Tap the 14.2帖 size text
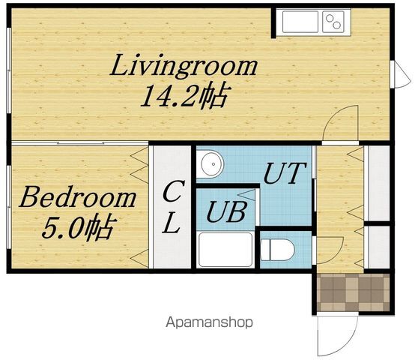(184, 95)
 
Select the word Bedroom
(78, 197)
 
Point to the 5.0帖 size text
(79, 226)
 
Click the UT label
(284, 173)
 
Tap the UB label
(226, 212)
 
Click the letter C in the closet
(173, 191)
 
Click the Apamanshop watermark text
(209, 322)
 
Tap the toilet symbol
(277, 250)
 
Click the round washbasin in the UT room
(212, 163)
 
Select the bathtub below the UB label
(225, 250)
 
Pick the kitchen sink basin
(300, 21)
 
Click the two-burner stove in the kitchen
(333, 21)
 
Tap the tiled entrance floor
(354, 292)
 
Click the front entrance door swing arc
(348, 344)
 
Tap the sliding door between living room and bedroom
(79, 143)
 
